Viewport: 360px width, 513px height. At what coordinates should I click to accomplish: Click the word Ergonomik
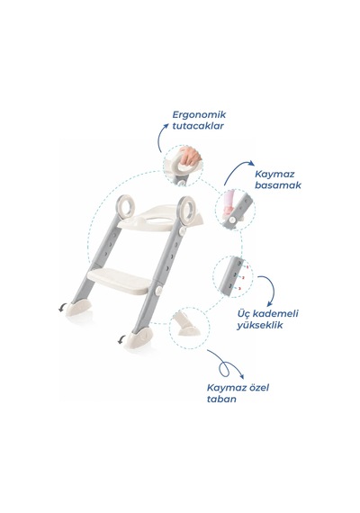pyautogui.click(x=199, y=115)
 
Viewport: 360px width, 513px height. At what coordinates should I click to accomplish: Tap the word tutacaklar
pyautogui.click(x=198, y=126)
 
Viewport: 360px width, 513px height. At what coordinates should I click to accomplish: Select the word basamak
pyautogui.click(x=278, y=185)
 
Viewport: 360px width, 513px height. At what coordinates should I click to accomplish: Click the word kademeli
pyautogui.click(x=277, y=313)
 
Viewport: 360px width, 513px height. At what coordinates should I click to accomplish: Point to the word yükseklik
pyautogui.click(x=259, y=325)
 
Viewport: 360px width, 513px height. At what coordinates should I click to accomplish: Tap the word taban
pyautogui.click(x=221, y=399)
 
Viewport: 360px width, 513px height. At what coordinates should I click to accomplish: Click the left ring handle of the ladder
pyautogui.click(x=125, y=206)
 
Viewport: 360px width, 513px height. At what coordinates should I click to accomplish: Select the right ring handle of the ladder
pyautogui.click(x=187, y=207)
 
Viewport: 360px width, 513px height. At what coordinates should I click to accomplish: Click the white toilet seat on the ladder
pyautogui.click(x=160, y=217)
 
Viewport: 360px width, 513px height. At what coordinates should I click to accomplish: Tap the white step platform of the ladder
pyautogui.click(x=120, y=281)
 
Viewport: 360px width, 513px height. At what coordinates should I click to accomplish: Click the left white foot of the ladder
pyautogui.click(x=78, y=308)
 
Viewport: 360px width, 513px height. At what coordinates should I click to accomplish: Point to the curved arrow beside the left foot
pyautogui.click(x=61, y=308)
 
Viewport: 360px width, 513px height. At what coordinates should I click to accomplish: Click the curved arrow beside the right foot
pyautogui.click(x=121, y=339)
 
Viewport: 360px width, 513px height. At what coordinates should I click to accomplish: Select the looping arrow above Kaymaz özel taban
pyautogui.click(x=226, y=364)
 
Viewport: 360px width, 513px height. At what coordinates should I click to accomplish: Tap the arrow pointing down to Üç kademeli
pyautogui.click(x=270, y=288)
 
